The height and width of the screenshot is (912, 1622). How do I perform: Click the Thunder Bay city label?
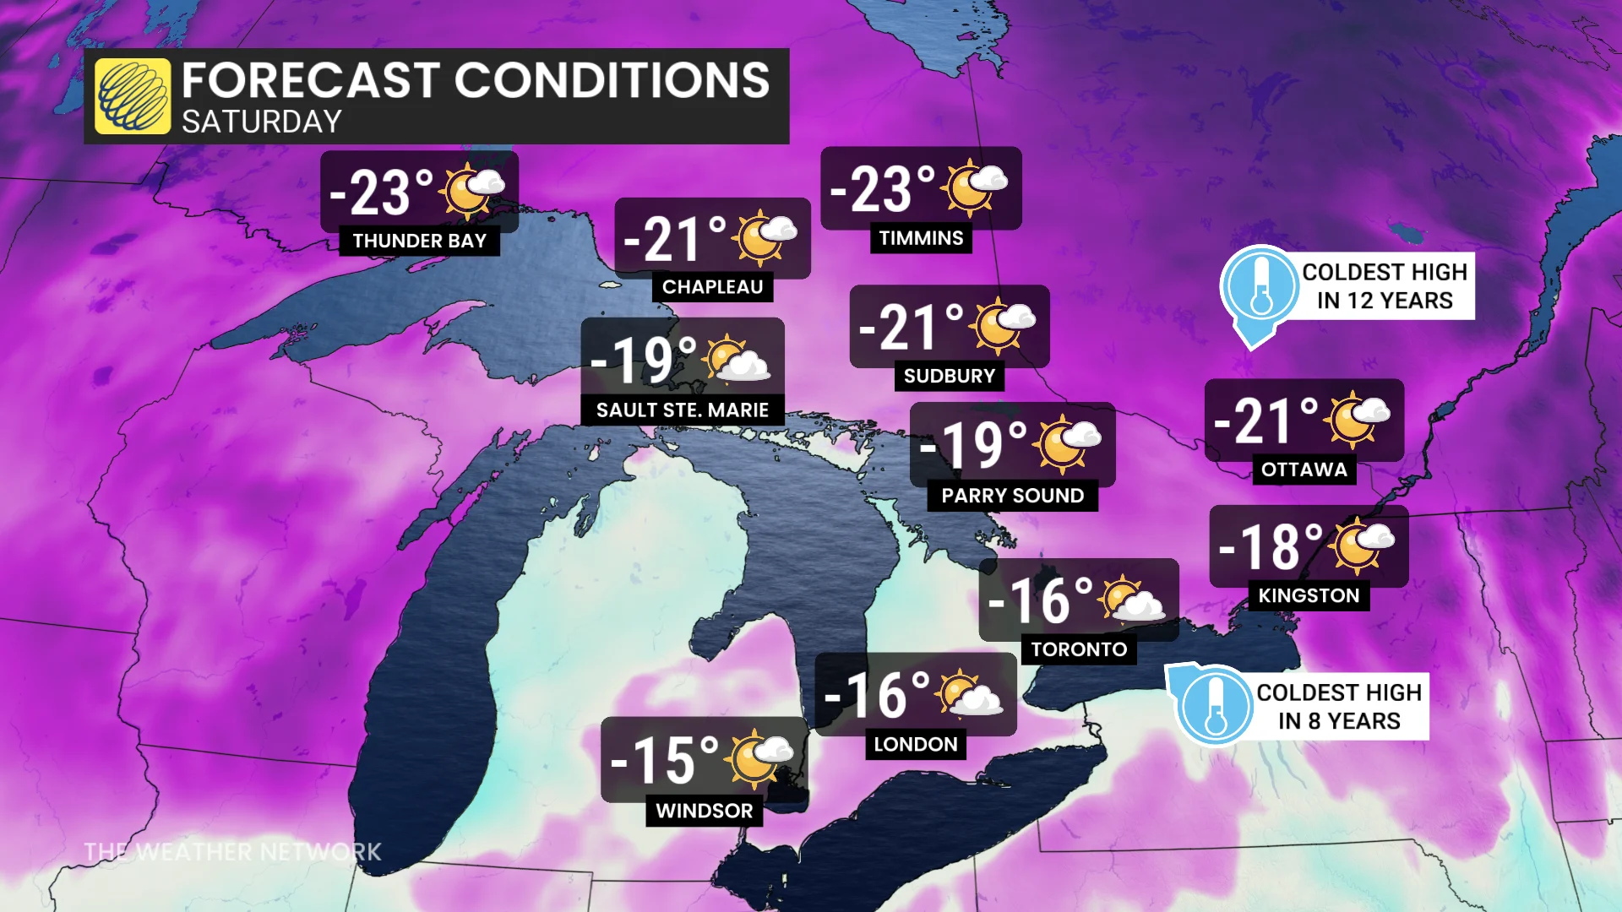[419, 242]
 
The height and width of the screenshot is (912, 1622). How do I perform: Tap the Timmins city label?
[921, 238]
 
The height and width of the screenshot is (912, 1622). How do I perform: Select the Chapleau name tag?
[712, 287]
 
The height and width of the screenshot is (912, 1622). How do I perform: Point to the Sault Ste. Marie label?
[682, 410]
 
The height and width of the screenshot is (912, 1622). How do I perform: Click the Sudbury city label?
[949, 376]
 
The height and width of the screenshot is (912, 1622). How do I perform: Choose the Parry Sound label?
[1012, 496]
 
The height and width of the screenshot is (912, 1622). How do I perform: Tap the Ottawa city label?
[1304, 470]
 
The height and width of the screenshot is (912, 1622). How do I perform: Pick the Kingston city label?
[1308, 595]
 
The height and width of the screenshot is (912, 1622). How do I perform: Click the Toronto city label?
[1079, 649]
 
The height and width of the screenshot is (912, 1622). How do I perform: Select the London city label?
[915, 745]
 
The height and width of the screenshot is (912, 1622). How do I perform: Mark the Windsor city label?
[704, 811]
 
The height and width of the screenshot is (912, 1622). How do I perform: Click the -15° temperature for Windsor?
[664, 761]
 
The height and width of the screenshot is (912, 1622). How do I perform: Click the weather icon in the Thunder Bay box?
[471, 191]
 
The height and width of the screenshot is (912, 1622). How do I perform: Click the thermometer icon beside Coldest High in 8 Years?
[1216, 706]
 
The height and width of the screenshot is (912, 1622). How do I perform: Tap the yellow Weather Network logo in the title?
[133, 96]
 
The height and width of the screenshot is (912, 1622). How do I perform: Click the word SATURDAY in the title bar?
[262, 122]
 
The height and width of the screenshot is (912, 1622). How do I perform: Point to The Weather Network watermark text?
[233, 851]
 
